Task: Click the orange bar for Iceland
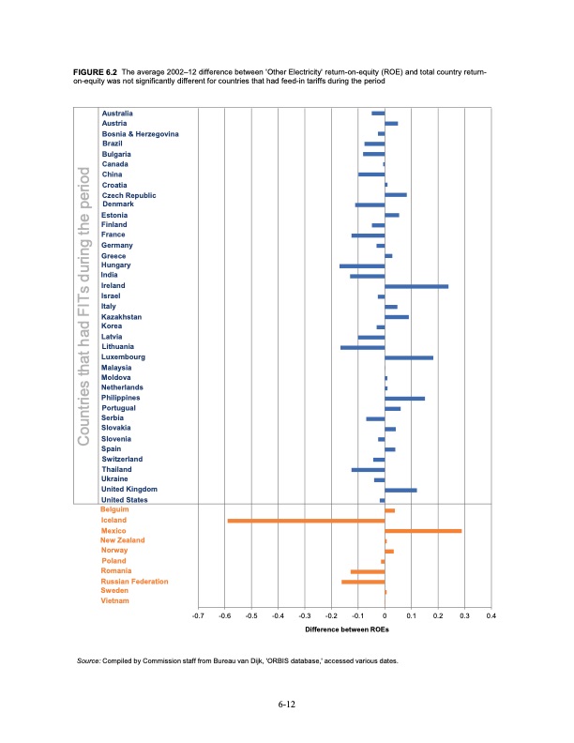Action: coord(306,520)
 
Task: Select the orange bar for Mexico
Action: coord(423,531)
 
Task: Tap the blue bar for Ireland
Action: coord(416,286)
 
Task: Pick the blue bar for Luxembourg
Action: coord(409,357)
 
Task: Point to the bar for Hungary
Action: coord(362,266)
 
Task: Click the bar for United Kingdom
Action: coord(400,490)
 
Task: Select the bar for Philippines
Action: coord(404,399)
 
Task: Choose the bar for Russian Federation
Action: coord(363,582)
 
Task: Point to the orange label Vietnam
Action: coord(116,601)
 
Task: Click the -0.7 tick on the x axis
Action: coord(197,615)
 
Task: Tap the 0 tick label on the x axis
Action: coord(385,615)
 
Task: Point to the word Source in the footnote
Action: coord(91,661)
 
